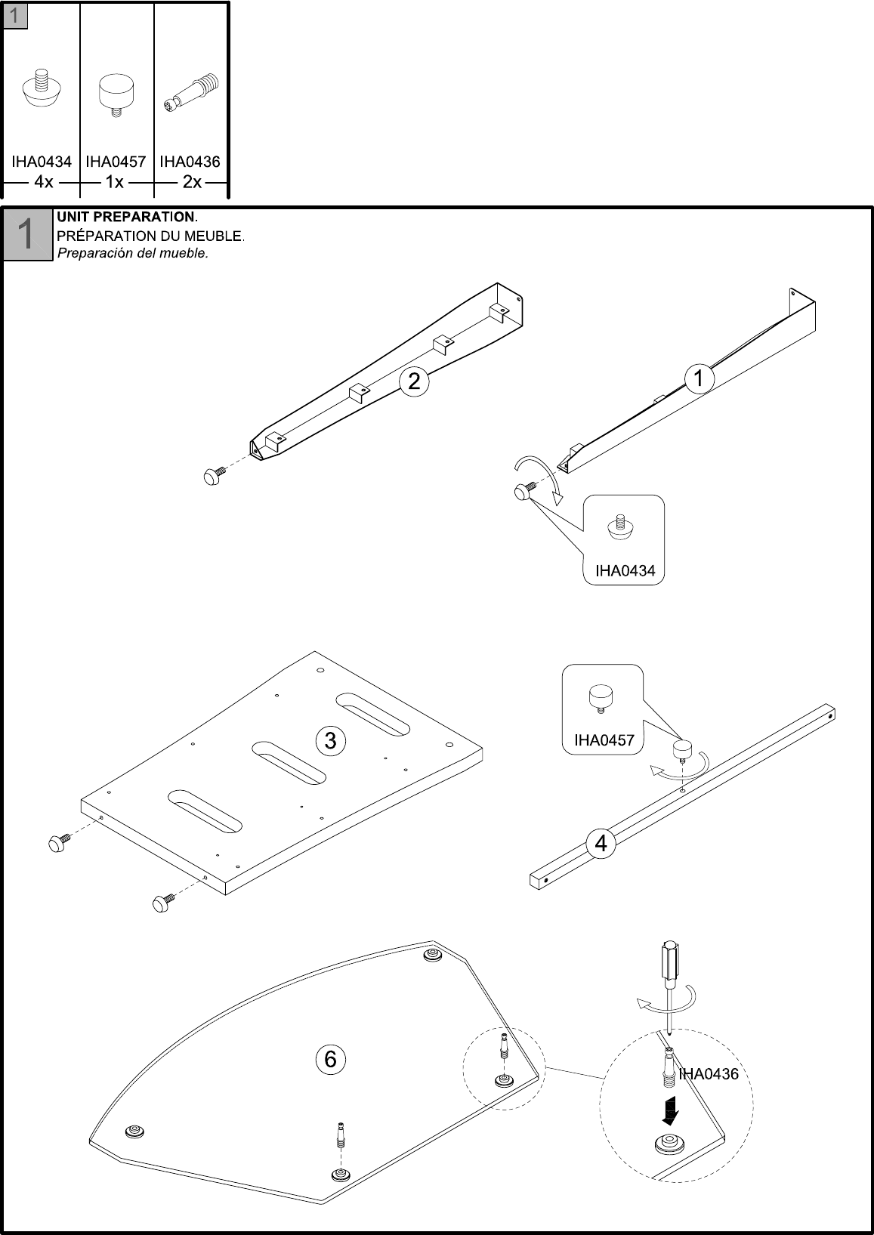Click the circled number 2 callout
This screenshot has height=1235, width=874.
tap(414, 381)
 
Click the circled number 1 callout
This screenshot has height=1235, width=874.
tap(699, 378)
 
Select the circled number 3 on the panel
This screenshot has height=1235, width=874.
tap(330, 740)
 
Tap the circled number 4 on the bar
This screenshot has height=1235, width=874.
tap(601, 843)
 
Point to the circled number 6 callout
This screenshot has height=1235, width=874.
tap(330, 1060)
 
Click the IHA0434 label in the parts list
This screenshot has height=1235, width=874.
tap(41, 162)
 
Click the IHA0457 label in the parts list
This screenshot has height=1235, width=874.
tap(116, 162)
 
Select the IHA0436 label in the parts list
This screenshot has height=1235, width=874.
tap(190, 162)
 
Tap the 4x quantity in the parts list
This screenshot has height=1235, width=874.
tap(43, 182)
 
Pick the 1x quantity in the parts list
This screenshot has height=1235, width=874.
tap(115, 182)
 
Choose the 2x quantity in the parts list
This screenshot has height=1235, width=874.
tap(192, 182)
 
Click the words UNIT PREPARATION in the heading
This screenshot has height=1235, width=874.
tap(126, 217)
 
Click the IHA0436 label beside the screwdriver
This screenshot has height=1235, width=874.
tap(709, 1074)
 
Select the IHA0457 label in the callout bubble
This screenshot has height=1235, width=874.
tap(604, 740)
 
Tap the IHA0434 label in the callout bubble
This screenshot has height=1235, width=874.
tap(625, 571)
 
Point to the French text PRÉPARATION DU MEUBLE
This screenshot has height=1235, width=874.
tap(150, 236)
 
